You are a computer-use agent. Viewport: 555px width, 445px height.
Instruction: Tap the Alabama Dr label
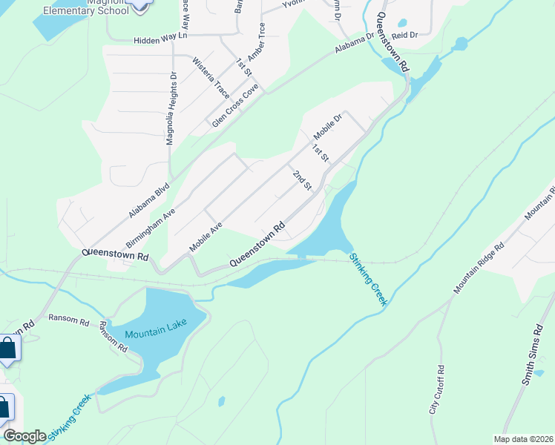tap(355, 44)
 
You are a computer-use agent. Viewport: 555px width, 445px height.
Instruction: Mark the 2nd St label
tap(301, 179)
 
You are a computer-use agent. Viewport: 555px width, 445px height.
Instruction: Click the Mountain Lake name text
tap(154, 334)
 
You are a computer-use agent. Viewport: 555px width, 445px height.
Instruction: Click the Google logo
tap(24, 435)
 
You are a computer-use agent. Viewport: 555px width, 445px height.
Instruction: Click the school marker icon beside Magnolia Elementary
tap(139, 5)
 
